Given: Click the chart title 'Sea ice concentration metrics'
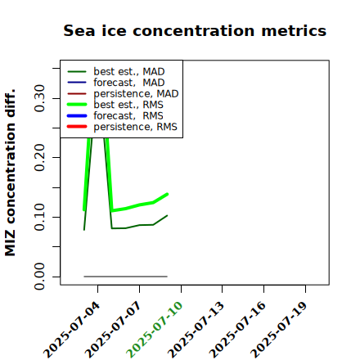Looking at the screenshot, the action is point(195,31).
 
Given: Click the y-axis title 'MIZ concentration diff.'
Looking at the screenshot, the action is point(10,173).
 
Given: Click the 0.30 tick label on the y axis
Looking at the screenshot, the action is point(40,98).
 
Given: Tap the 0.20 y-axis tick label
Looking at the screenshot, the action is point(40,158).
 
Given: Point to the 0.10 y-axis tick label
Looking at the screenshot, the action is point(40,217).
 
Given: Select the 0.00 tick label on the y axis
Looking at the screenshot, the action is point(40,277).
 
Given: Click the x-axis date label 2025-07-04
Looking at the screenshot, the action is point(72,330).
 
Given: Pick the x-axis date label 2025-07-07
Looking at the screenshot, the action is point(114,330).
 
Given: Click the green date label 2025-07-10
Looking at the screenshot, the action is point(155,330).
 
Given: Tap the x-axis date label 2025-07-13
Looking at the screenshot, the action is point(196,330).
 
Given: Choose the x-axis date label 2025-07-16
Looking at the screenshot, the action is point(238,330).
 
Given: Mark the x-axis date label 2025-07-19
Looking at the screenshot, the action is point(279,330).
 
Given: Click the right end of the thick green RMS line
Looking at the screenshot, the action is point(167,194).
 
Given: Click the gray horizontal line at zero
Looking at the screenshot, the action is point(126,277).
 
